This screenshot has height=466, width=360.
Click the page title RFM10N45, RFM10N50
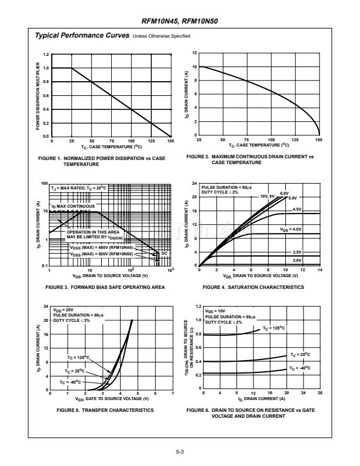pyautogui.click(x=179, y=22)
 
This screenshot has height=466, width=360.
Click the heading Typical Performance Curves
pyautogui.click(x=83, y=36)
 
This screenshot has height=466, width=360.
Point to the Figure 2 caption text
pyautogui.click(x=250, y=159)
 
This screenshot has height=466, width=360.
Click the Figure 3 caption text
pyautogui.click(x=105, y=287)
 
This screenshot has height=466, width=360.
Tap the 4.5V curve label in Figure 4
pyautogui.click(x=297, y=209)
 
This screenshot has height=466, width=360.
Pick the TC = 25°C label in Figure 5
pyautogui.click(x=75, y=371)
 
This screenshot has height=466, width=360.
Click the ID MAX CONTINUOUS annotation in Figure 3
pyautogui.click(x=73, y=207)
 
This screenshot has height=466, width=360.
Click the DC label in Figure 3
pyautogui.click(x=165, y=253)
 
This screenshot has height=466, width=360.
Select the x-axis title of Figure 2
pyautogui.click(x=259, y=145)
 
